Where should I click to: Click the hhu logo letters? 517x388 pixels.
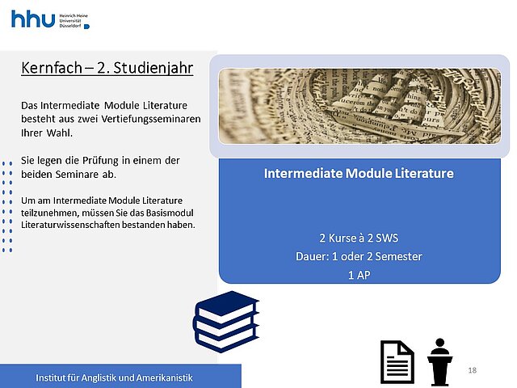33,19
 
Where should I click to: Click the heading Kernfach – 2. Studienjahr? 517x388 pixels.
107,68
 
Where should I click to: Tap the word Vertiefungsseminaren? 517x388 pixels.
151,119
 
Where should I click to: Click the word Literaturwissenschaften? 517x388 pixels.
70,225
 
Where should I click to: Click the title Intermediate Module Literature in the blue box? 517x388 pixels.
359,173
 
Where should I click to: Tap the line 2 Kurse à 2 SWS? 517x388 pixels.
359,238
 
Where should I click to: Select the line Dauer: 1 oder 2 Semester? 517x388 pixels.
359,256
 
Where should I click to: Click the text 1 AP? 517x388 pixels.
359,275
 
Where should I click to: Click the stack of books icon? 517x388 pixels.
226,322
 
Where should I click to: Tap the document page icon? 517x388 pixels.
397,362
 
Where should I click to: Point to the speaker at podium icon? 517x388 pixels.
439,362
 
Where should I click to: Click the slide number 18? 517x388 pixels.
472,370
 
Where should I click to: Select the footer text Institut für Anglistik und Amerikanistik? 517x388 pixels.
114,377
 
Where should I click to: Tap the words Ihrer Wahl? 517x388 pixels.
47,133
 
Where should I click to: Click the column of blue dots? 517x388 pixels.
7,207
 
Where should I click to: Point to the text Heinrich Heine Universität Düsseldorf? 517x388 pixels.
74,20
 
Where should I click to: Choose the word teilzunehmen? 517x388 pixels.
50,213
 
